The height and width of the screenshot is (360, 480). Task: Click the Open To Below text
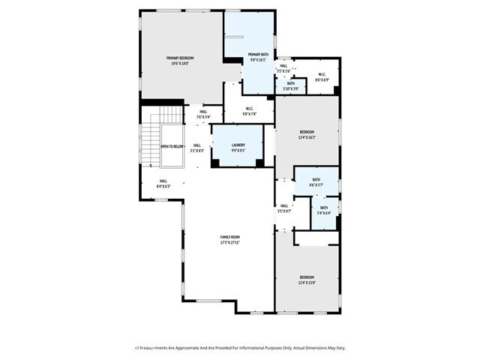pyautogui.click(x=172, y=147)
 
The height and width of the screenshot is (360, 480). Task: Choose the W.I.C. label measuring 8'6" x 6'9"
pyautogui.click(x=321, y=74)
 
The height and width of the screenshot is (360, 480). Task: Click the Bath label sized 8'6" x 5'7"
pyautogui.click(x=316, y=179)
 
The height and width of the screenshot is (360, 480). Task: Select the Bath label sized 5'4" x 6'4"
pyautogui.click(x=324, y=208)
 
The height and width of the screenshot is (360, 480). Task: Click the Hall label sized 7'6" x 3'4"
pyautogui.click(x=203, y=112)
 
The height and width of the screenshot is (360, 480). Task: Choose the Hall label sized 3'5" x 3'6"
pyautogui.click(x=283, y=66)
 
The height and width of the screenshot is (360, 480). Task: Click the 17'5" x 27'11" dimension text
pyautogui.click(x=229, y=243)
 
